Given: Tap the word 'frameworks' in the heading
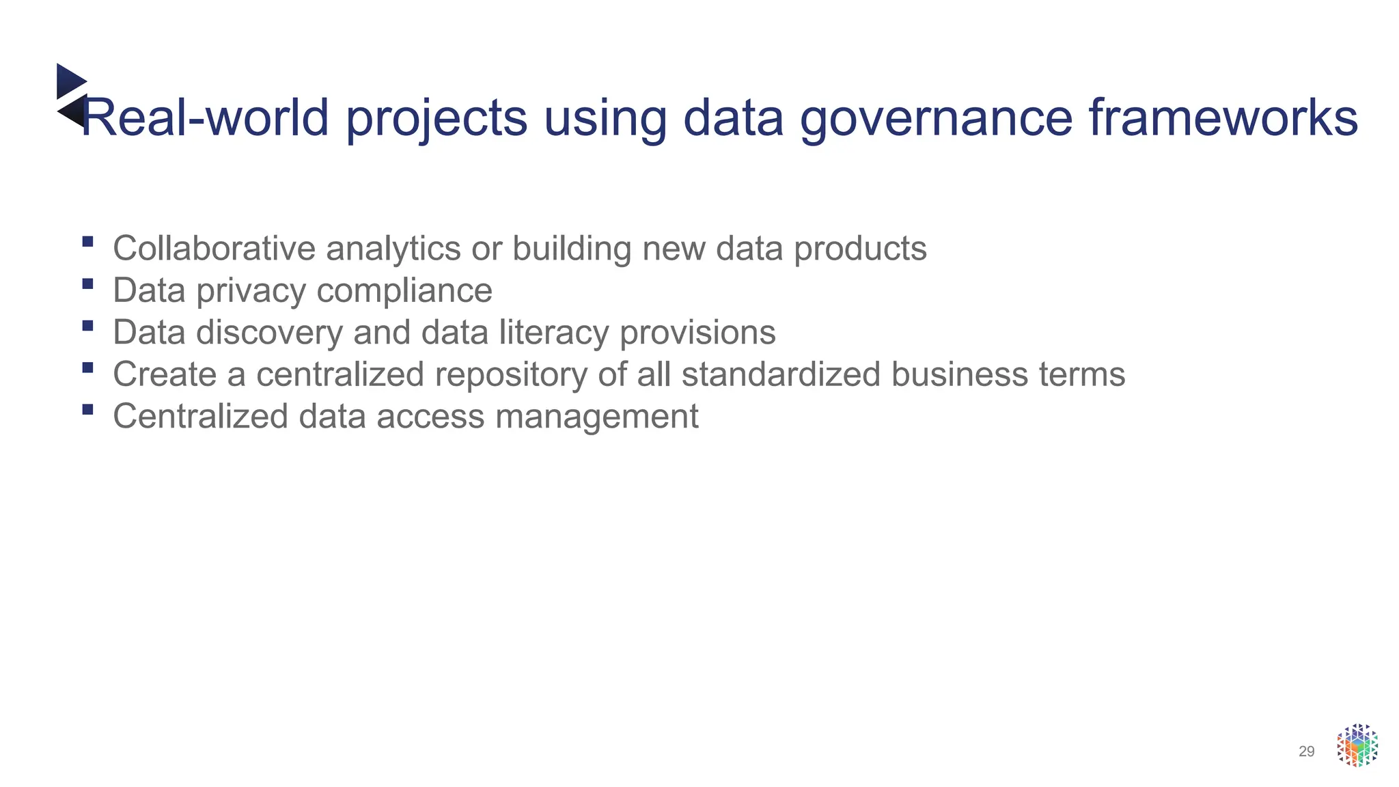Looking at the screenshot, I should [x=1223, y=118].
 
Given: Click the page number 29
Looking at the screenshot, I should [x=1306, y=751].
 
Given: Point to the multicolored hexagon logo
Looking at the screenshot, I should [x=1357, y=745].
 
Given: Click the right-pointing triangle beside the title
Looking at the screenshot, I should [x=70, y=81].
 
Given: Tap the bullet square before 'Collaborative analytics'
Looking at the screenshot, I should [x=87, y=241].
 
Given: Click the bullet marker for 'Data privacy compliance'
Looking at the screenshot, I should [x=87, y=284].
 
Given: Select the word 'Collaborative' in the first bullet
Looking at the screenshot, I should [x=214, y=248].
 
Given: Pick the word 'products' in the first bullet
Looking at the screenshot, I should [x=860, y=249].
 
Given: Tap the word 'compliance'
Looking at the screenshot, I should [x=404, y=292].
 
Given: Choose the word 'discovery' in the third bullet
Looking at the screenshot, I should [x=269, y=333].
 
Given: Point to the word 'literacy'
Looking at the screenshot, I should [x=553, y=333].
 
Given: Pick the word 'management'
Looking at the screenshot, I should [x=596, y=417].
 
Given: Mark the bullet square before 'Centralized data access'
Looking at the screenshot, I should [x=87, y=409].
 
